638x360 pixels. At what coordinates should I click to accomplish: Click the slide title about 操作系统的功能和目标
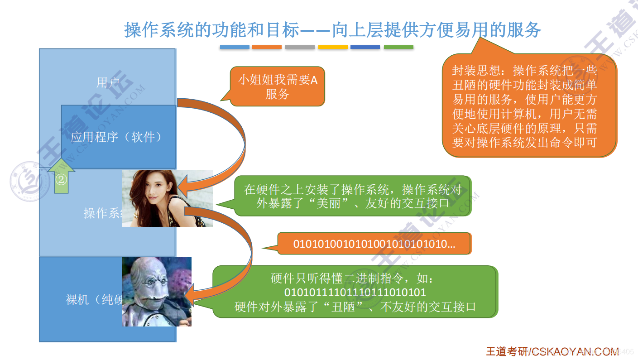[332, 30]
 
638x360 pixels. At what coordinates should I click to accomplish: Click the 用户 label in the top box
[107, 82]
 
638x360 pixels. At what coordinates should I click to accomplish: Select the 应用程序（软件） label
[117, 137]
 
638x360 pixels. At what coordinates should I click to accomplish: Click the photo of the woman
[168, 198]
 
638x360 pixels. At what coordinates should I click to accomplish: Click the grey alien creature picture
[157, 292]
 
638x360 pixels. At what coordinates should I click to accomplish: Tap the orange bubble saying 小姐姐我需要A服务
[278, 86]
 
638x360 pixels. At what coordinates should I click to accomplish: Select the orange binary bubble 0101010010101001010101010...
[374, 244]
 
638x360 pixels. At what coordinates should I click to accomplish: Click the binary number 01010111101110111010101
[355, 292]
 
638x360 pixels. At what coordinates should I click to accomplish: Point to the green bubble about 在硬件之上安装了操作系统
[353, 196]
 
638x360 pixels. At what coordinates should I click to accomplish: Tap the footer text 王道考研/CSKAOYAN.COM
[552, 351]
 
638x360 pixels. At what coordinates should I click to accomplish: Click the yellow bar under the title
[333, 47]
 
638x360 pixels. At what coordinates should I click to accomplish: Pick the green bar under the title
[398, 47]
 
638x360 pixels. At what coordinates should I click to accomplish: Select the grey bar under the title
[300, 47]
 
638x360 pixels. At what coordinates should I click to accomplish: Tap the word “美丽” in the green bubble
[333, 203]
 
